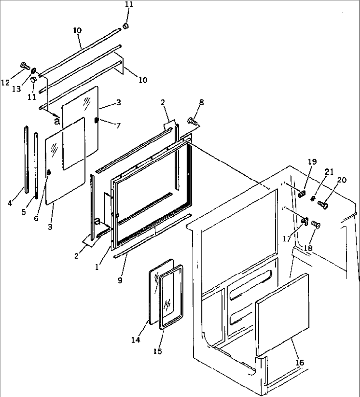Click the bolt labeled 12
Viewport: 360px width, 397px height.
24,65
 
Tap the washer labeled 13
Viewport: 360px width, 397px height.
34,70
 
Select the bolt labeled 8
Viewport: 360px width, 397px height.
193,121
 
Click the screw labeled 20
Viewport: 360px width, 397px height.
323,205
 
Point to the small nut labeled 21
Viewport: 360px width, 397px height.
313,198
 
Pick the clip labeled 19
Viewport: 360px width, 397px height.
302,194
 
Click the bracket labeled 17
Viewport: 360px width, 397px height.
305,221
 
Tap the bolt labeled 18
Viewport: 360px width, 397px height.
316,225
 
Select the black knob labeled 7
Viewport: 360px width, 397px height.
96,120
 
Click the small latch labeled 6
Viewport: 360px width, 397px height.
49,173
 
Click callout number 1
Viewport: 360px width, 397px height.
97,267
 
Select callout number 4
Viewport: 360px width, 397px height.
10,203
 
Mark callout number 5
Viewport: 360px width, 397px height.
24,212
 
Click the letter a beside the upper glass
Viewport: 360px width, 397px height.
57,121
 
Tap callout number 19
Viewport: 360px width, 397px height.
312,162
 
